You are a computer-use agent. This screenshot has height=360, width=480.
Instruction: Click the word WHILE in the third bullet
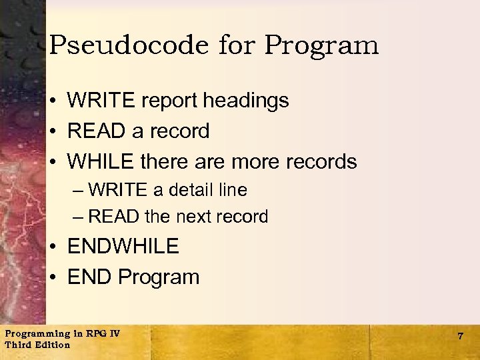tap(103, 161)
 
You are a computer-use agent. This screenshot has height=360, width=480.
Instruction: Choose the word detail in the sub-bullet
tap(194, 190)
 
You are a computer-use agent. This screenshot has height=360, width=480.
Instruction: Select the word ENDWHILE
tap(123, 246)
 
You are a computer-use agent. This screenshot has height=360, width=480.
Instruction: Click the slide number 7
tap(460, 337)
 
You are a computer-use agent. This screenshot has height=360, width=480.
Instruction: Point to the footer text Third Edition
tap(37, 345)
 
